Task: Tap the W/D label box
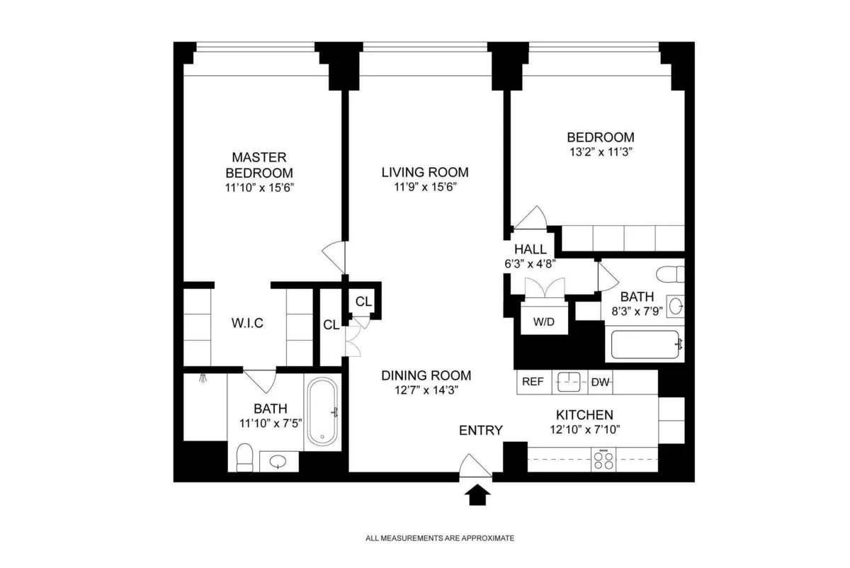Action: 544,321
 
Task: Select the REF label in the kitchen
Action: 533,382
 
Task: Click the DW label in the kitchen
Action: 601,382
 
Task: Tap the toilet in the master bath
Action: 244,457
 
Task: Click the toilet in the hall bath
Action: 670,273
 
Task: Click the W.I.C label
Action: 247,324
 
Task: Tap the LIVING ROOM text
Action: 425,172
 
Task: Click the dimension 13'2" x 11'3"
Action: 601,152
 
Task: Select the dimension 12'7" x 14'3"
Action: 425,390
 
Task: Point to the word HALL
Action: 530,249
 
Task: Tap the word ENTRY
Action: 481,431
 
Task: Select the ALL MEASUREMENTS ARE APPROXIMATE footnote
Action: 440,538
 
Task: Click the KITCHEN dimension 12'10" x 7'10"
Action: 584,429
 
